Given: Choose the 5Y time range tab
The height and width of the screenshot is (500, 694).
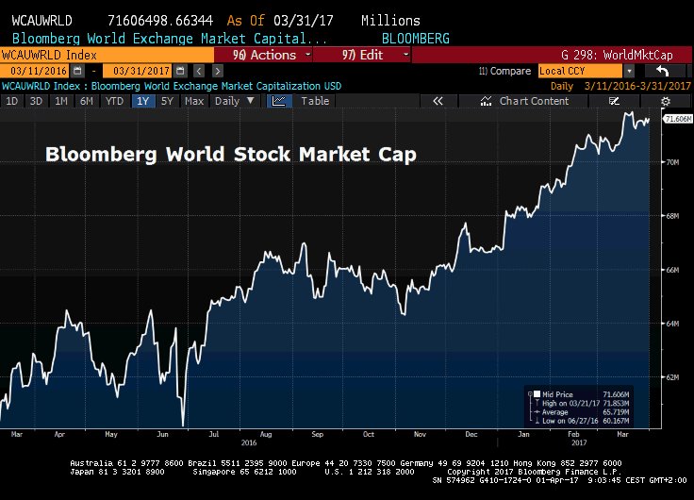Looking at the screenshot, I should [x=167, y=101].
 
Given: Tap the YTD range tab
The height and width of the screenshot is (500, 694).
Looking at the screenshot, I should [x=113, y=101].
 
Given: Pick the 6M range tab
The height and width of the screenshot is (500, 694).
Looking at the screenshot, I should [x=86, y=101].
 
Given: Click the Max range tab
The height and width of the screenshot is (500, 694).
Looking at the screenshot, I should [x=194, y=101].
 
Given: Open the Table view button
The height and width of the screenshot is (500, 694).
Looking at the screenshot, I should [x=315, y=101].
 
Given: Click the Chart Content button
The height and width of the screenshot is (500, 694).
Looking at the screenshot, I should [x=534, y=101].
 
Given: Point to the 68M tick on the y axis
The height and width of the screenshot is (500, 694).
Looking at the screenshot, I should [x=673, y=216].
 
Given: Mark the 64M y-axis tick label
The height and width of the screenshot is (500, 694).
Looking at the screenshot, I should [x=673, y=324].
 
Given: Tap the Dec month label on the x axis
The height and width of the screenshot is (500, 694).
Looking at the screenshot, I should [x=471, y=434].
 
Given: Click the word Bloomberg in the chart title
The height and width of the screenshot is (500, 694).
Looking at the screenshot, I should [x=96, y=154].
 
